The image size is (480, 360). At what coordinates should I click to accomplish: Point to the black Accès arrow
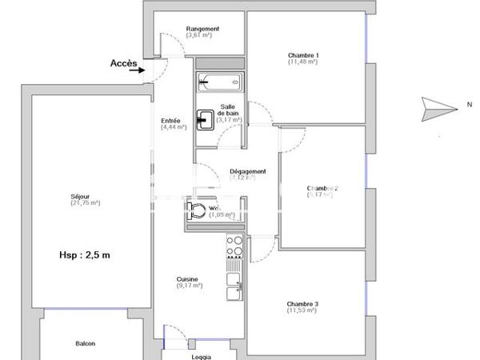[x=146, y=70]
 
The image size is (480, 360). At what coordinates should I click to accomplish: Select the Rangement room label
[x=202, y=29]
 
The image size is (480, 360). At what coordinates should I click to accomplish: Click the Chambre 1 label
[x=304, y=55]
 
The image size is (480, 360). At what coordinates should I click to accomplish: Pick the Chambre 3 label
[x=304, y=304]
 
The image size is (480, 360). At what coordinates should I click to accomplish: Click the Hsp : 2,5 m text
[x=84, y=255]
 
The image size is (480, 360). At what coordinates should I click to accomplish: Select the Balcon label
[x=86, y=343]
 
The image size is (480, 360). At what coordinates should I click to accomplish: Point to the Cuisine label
[x=188, y=279]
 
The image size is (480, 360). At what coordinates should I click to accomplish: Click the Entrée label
[x=171, y=120]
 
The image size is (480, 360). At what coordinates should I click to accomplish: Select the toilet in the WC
[x=195, y=211]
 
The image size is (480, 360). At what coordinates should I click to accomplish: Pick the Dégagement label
[x=247, y=171]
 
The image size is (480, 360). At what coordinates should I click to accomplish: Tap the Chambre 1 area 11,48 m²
[x=304, y=62]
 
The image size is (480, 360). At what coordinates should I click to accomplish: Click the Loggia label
[x=201, y=357]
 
